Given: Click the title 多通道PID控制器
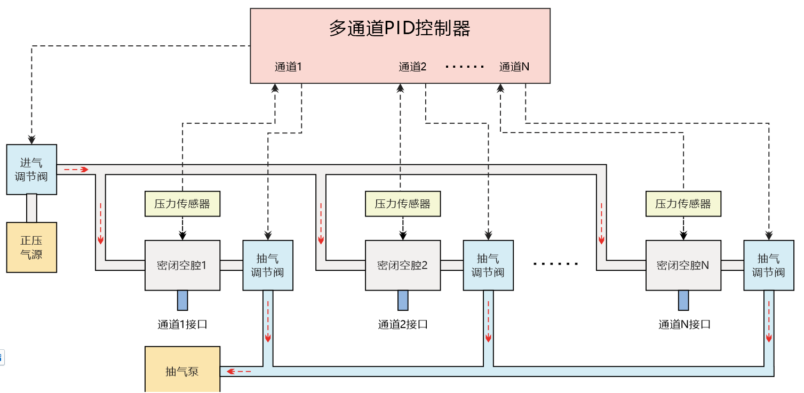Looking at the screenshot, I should point(400,28).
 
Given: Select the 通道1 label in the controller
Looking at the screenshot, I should point(288,67).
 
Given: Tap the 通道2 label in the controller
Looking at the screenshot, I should point(412,67).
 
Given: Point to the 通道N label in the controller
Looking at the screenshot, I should point(514,67).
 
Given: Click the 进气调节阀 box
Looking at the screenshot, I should point(31,169).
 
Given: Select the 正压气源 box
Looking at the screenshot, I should point(31,247).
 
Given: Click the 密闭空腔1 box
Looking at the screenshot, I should point(182,265).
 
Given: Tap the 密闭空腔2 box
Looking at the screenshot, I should point(402,265).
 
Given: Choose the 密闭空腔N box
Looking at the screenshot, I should point(683,265).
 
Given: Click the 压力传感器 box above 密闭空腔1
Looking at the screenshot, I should point(182,204).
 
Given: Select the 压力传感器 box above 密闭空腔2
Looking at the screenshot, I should point(402,204).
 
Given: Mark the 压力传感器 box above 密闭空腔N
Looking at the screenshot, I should point(683,204).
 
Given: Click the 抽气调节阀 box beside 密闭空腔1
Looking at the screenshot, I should point(267,266).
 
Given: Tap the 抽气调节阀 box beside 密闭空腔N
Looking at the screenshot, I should point(768,266).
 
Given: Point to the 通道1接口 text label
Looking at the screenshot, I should point(182,324).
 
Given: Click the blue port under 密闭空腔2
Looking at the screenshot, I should point(403,300).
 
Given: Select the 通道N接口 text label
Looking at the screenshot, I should point(684,324).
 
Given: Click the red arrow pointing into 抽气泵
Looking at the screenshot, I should point(237,371).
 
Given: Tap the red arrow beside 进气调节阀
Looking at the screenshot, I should point(76,170).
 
